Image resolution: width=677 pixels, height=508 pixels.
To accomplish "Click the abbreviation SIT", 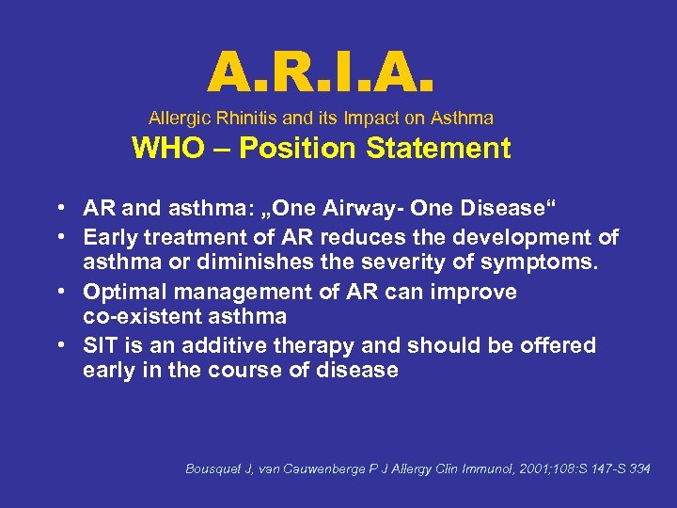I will [99, 345].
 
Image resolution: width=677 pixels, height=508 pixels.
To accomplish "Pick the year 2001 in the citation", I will [517, 468].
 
